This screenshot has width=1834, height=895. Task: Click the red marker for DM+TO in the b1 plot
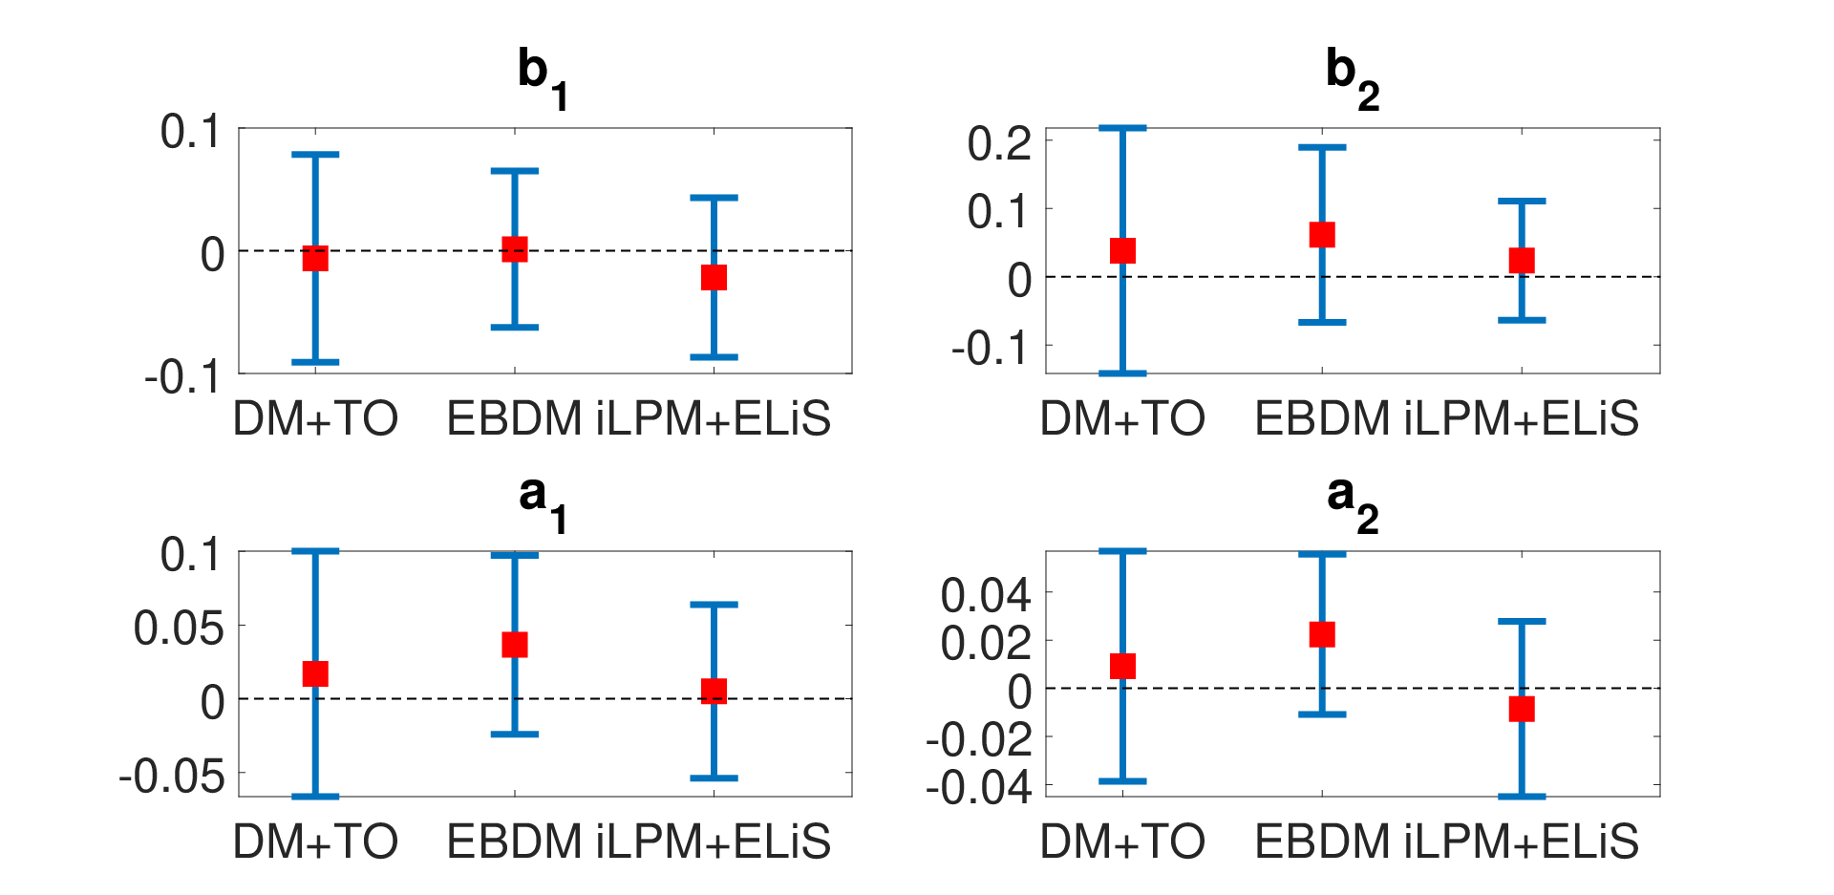315,258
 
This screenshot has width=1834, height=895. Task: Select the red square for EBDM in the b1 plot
515,249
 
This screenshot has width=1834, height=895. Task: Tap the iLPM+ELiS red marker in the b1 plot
714,277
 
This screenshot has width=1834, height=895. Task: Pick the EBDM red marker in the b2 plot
1322,235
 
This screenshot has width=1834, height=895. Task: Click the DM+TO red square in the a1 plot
315,673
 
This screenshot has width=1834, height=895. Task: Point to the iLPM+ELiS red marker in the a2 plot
1522,709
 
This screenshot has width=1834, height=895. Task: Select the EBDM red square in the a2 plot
1322,634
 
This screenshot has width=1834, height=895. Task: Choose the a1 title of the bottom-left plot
543,502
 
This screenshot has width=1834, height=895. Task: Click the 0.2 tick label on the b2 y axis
1000,143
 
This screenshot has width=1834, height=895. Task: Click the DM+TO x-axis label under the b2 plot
1122,418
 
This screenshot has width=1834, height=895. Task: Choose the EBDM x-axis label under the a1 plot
515,842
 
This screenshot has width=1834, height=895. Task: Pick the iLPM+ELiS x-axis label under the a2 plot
1522,842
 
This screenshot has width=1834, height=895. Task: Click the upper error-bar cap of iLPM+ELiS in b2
1522,201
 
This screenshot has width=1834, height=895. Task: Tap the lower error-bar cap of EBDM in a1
515,734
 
